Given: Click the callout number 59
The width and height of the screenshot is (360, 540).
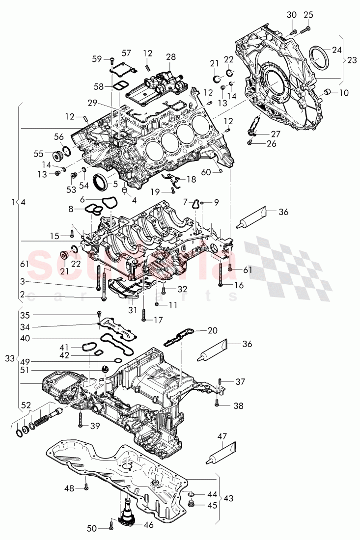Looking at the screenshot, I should (96, 59).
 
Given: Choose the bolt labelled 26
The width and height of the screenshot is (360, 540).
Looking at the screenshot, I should (251, 143).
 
